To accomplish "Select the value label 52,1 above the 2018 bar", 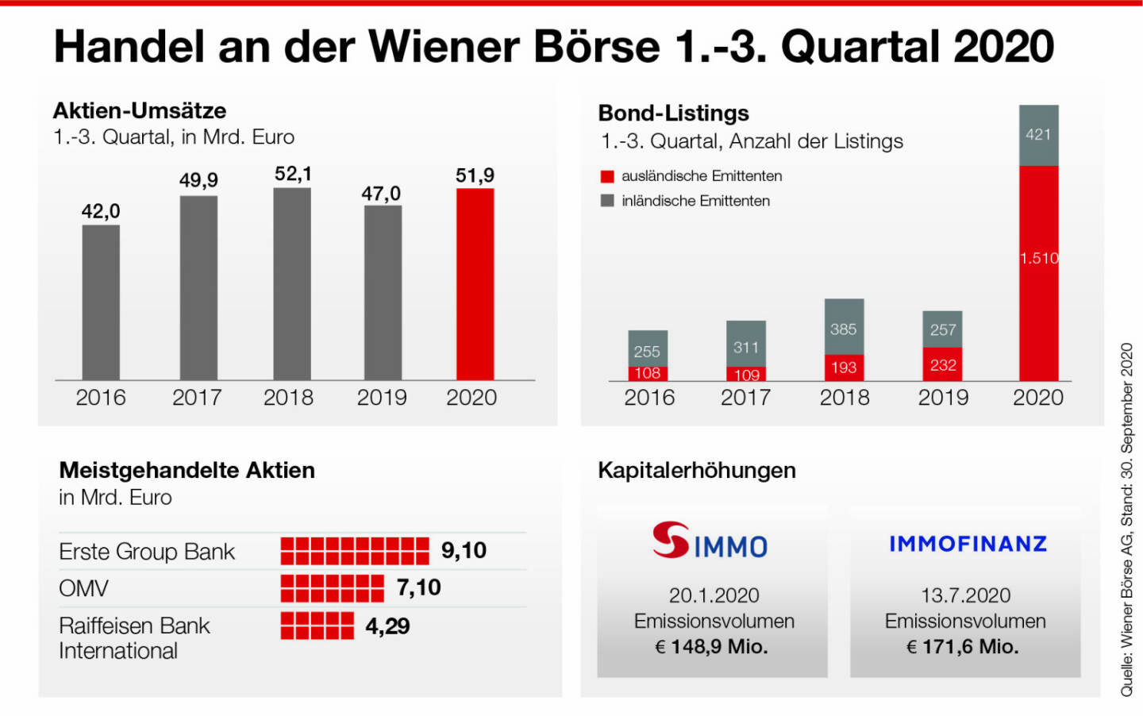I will pos(293,174).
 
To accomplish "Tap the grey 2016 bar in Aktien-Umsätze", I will pos(101,302).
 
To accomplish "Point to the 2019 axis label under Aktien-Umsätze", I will pos(382,398).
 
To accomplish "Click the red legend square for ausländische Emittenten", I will pos(607,176).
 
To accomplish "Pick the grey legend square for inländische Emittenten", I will pos(607,201).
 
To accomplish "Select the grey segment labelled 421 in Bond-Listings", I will pos(1038,135).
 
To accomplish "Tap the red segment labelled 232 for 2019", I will pos(943,364).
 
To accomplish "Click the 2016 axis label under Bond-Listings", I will pos(649,398).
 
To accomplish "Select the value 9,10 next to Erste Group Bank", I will pos(464,550).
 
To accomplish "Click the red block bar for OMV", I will pos(332,588).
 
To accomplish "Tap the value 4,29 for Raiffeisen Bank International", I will pos(387,626).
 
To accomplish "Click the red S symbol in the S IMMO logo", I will pos(671,540).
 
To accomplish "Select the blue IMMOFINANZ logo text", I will pos(968,544).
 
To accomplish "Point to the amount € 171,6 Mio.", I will pos(963,647).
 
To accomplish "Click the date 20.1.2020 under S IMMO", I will pos(714,595).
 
